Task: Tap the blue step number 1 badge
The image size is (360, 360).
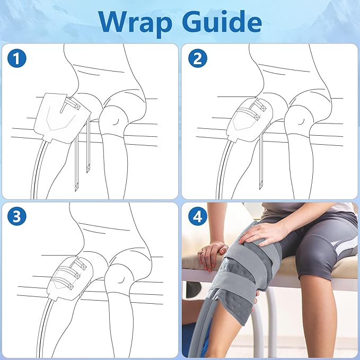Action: [x=17, y=58]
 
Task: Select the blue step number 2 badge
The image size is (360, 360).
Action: [x=197, y=58]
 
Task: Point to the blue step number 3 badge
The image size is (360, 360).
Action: [x=17, y=216]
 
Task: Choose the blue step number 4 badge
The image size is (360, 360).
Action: [x=197, y=216]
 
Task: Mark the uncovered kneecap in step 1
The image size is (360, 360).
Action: [x=112, y=120]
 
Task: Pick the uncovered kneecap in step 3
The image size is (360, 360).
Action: [x=118, y=278]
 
